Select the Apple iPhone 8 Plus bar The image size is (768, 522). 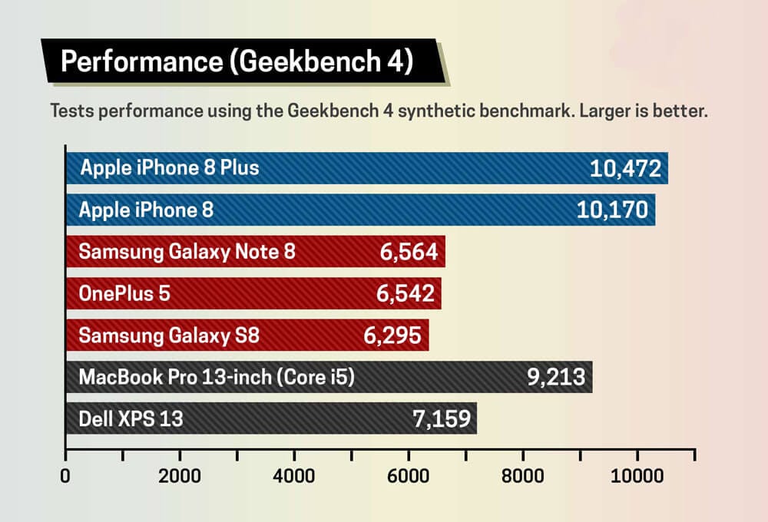[x=367, y=168]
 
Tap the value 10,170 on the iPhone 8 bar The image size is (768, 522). [x=612, y=209]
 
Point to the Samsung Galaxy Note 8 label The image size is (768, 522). [x=187, y=251]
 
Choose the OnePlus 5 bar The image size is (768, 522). [x=253, y=293]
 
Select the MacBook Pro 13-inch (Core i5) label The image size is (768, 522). [x=217, y=377]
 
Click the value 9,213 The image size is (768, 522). [x=548, y=377]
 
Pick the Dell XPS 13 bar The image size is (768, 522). [x=271, y=418]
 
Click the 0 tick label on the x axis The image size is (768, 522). [x=65, y=476]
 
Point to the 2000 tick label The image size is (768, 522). [x=180, y=476]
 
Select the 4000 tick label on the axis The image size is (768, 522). [x=295, y=476]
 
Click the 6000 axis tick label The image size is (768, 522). [x=409, y=476]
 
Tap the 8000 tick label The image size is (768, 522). [x=524, y=476]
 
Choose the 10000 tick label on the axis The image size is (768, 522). [x=637, y=476]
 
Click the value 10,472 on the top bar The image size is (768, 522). [x=625, y=168]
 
